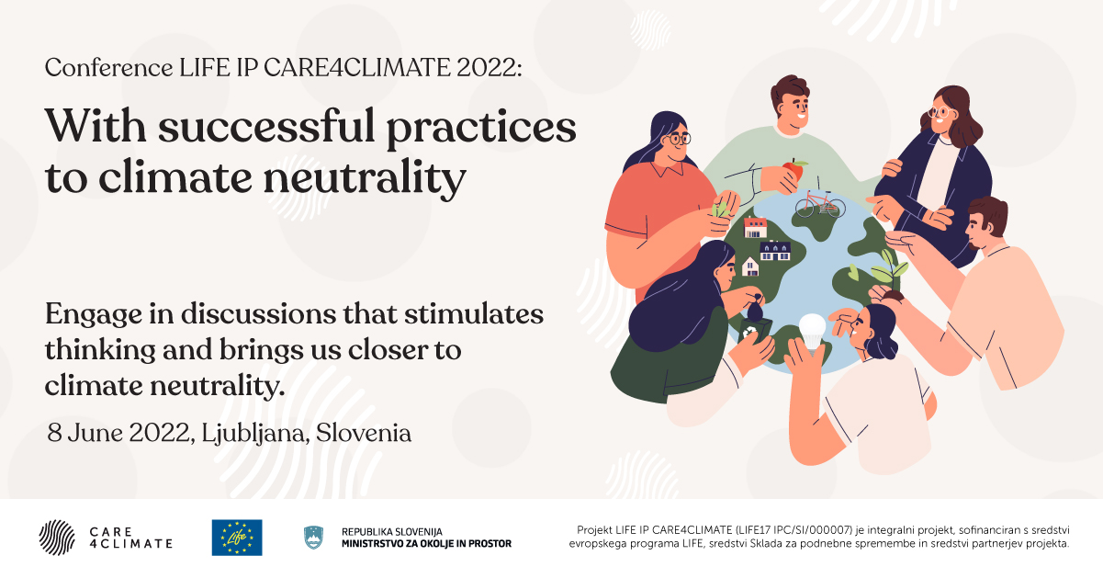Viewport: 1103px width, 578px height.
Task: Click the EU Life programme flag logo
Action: (x=237, y=538)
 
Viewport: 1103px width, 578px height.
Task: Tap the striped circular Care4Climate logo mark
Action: (x=57, y=538)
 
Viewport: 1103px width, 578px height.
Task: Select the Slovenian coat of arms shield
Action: (x=314, y=537)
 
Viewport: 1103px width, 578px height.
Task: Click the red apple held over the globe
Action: (x=793, y=168)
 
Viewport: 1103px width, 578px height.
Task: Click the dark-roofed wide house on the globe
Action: (x=775, y=250)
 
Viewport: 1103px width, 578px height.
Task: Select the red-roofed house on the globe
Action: (x=755, y=227)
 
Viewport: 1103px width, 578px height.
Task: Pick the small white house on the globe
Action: (x=750, y=266)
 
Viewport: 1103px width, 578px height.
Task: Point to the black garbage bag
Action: (x=754, y=308)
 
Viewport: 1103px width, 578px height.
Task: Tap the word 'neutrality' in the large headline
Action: (x=365, y=178)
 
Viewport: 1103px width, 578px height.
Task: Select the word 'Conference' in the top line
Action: (x=108, y=67)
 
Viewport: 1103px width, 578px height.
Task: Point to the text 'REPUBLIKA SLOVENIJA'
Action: (x=392, y=532)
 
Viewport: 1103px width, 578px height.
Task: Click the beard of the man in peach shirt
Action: (x=977, y=243)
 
